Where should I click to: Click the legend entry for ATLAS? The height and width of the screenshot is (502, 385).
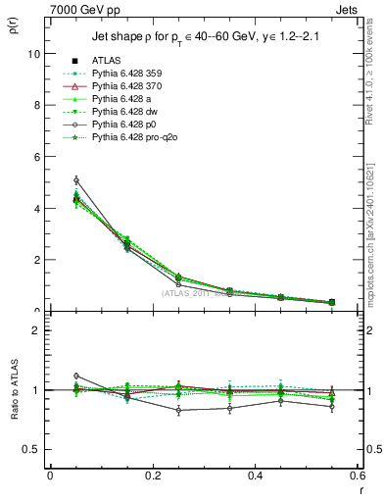pos(105,62)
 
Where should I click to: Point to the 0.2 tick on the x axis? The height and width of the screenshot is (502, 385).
pos(152,476)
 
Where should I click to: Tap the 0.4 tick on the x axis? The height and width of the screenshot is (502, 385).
pos(255,476)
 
